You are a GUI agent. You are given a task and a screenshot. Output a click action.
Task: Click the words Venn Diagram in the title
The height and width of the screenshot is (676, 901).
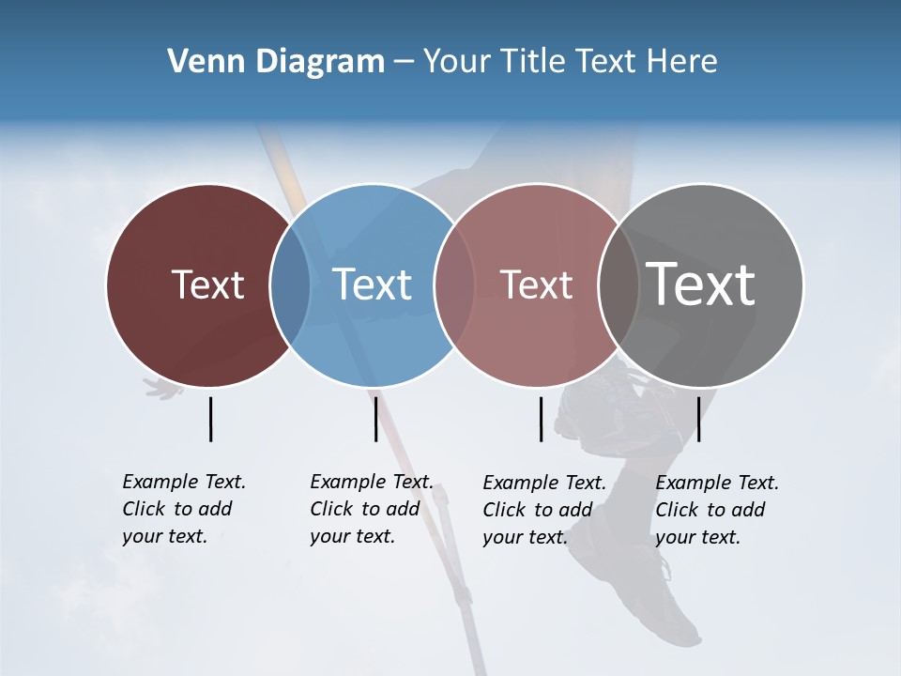click(276, 62)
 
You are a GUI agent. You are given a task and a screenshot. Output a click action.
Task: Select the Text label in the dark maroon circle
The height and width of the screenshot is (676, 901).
click(207, 285)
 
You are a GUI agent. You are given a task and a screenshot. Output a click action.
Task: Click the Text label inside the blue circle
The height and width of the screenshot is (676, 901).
click(373, 285)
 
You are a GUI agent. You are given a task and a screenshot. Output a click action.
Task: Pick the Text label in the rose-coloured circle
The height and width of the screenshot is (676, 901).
click(537, 285)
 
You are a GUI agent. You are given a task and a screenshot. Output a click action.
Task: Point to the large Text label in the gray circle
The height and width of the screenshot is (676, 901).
click(701, 284)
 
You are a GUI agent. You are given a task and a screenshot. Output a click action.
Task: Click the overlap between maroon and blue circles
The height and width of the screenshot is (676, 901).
click(290, 285)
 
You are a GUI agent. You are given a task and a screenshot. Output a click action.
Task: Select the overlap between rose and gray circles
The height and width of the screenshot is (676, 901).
click(618, 285)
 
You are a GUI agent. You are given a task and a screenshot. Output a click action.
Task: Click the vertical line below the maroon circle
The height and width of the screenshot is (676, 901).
click(210, 419)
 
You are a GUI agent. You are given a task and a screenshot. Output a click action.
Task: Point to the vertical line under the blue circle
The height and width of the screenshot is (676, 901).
click(375, 419)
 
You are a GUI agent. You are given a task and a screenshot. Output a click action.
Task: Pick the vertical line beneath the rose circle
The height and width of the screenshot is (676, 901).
click(541, 419)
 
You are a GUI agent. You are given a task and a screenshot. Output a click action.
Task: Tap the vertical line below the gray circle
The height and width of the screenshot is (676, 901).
click(698, 419)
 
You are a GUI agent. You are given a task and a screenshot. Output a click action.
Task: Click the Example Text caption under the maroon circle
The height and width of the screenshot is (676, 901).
click(184, 509)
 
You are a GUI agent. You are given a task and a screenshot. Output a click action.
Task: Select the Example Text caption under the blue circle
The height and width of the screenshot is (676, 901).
click(372, 509)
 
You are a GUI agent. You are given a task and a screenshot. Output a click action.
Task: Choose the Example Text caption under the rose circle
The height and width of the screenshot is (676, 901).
click(544, 510)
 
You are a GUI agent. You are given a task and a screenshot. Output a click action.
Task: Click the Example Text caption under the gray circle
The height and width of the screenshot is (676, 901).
click(717, 510)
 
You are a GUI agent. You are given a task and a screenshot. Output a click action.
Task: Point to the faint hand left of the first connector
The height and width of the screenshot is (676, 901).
click(163, 388)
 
